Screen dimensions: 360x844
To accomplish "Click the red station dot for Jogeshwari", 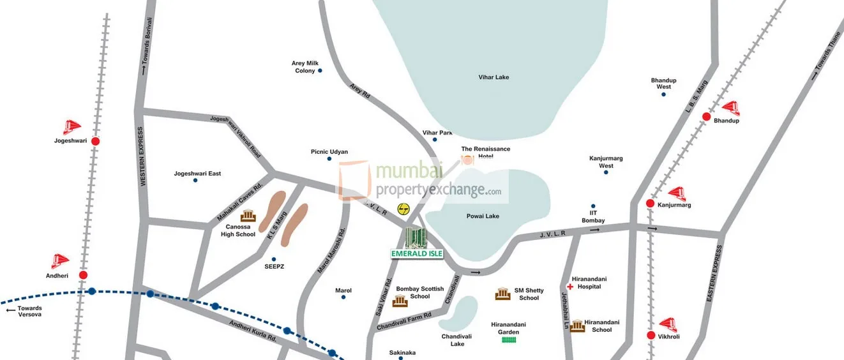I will pyautogui.click(x=95, y=141).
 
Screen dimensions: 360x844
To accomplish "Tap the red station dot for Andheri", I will pyautogui.click(x=83, y=275).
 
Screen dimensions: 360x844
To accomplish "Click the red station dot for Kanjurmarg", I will pyautogui.click(x=650, y=204).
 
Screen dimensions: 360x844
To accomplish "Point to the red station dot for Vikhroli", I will pyautogui.click(x=651, y=335).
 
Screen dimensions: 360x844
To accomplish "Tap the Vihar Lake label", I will pyautogui.click(x=494, y=77).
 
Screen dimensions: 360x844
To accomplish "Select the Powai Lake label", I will pyautogui.click(x=483, y=216).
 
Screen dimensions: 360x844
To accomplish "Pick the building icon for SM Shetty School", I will pyautogui.click(x=502, y=294).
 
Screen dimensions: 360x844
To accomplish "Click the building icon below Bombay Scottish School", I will pyautogui.click(x=400, y=301).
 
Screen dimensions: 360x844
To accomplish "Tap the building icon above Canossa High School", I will pyautogui.click(x=248, y=216).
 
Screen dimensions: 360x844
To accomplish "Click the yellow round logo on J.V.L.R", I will pyautogui.click(x=403, y=209).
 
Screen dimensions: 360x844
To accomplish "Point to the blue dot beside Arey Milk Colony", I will pyautogui.click(x=320, y=70).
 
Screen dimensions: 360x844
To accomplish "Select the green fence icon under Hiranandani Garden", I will pyautogui.click(x=509, y=340).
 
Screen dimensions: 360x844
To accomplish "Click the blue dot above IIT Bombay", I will pyautogui.click(x=593, y=206).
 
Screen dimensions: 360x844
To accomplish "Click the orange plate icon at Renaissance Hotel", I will pyautogui.click(x=468, y=160).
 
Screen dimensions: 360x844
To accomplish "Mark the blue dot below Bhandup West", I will pyautogui.click(x=663, y=94).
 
